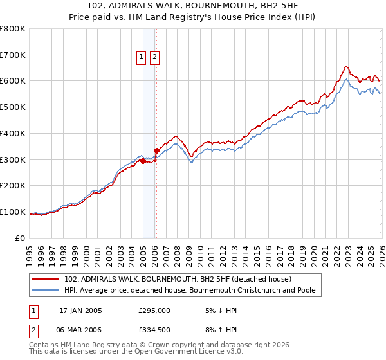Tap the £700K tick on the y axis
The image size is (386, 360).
coord(13,55)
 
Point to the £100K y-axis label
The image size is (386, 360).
coord(13,212)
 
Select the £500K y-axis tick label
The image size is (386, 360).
coord(13,107)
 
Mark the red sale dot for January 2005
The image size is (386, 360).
coord(143,161)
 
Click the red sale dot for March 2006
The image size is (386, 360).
coord(156,151)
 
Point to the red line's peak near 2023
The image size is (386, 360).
coord(346,66)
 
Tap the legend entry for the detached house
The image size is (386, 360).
coord(178,279)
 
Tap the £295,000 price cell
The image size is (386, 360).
coord(154,310)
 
